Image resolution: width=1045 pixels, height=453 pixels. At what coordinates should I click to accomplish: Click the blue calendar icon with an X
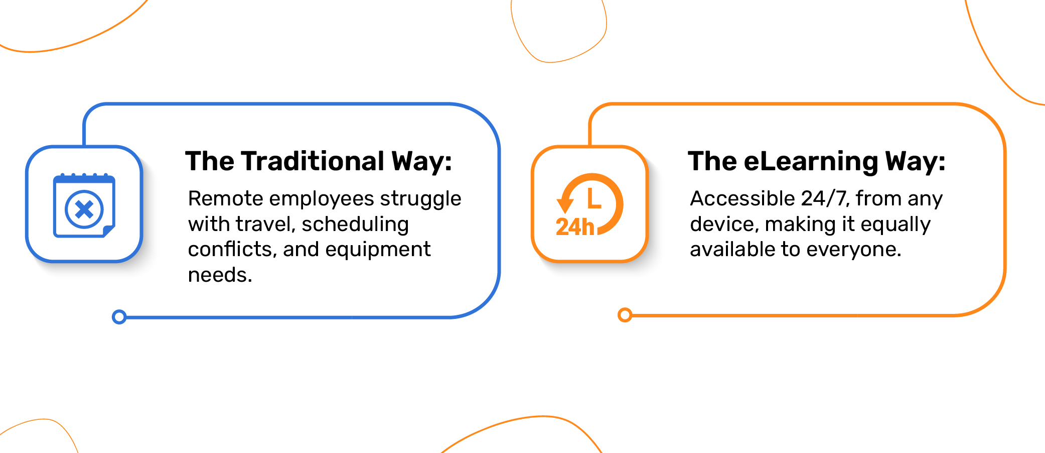(x=84, y=205)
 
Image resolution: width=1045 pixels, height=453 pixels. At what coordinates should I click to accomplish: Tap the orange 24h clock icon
(x=590, y=204)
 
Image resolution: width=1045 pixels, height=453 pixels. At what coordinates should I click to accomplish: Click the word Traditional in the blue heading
(x=313, y=161)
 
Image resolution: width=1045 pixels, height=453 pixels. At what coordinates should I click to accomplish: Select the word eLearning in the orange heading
(x=811, y=162)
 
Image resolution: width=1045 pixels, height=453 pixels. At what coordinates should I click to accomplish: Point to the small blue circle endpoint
(x=119, y=317)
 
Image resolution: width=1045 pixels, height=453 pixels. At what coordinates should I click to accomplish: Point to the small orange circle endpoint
(x=625, y=315)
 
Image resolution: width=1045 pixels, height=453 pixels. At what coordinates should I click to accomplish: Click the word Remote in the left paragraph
(x=225, y=198)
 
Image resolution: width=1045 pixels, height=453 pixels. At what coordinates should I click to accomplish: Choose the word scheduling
(x=355, y=224)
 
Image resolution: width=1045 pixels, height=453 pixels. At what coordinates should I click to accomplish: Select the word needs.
(x=220, y=275)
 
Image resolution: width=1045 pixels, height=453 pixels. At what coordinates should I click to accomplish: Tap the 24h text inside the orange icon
(x=575, y=227)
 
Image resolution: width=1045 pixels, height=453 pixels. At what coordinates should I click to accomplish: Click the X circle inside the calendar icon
(x=84, y=209)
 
